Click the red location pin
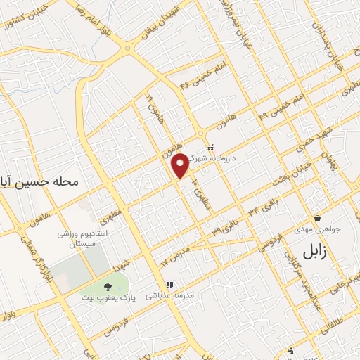point(181,166)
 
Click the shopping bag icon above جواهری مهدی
point(319,218)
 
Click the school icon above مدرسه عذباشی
point(169,285)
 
